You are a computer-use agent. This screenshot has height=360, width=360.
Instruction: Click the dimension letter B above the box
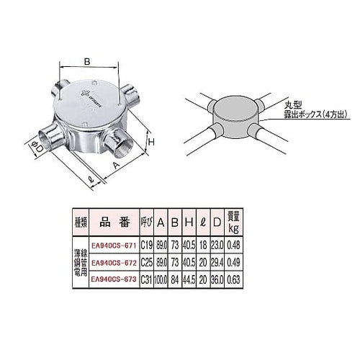(87, 62)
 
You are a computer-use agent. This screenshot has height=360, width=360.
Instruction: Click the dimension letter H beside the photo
(152, 143)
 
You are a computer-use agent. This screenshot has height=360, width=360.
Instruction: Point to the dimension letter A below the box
(116, 165)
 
